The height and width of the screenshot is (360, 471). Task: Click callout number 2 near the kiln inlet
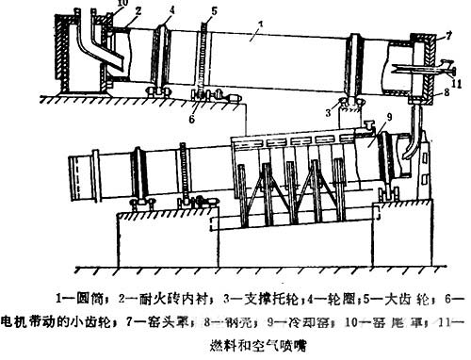point(138,10)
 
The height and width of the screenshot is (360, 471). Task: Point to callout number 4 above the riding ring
point(171,10)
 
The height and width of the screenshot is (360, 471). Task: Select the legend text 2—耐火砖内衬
point(156,300)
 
